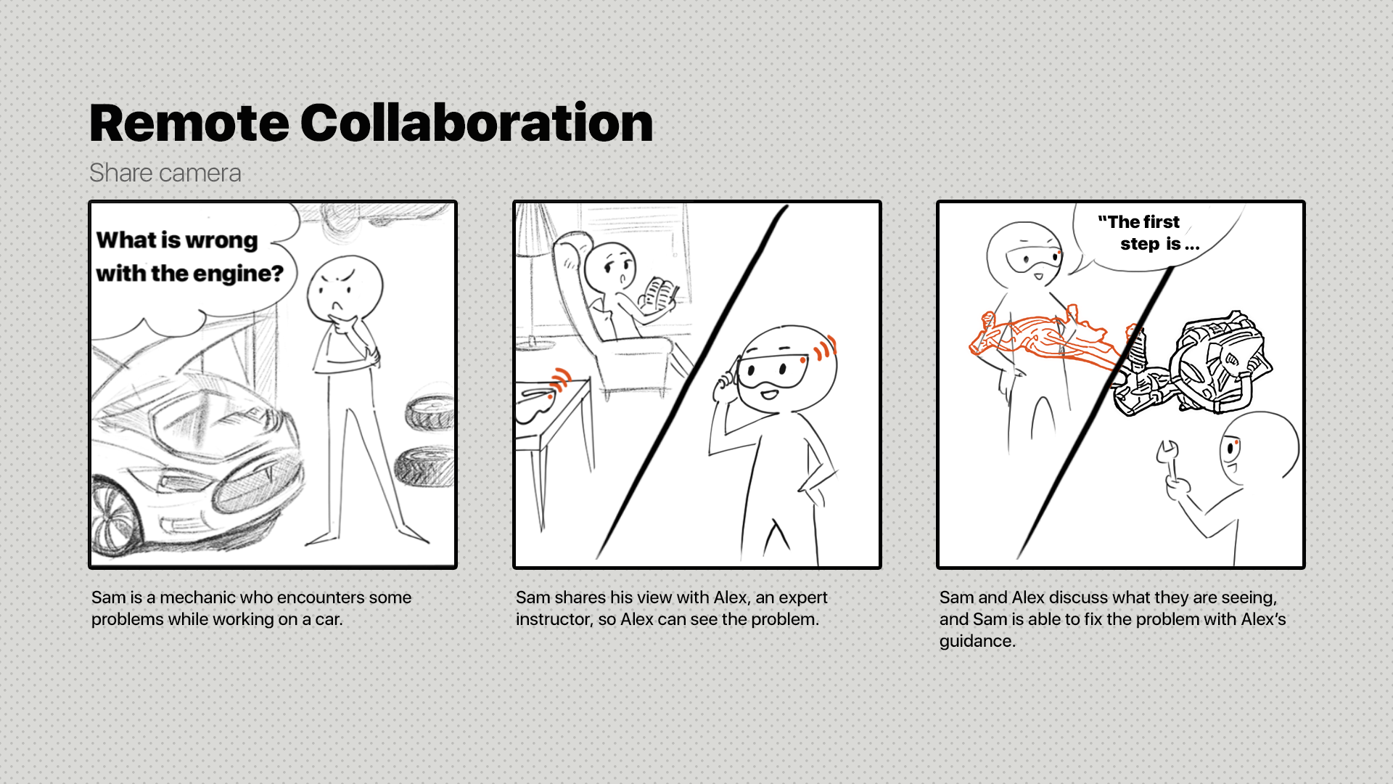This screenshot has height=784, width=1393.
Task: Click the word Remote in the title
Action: [x=189, y=123]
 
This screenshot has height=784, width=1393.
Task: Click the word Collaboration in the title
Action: [x=477, y=123]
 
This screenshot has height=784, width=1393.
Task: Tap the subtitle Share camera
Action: [x=165, y=173]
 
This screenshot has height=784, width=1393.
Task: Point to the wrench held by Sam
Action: [x=1168, y=460]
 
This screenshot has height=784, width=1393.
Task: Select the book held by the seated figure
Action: [x=658, y=294]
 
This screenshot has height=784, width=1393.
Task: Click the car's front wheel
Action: [x=112, y=517]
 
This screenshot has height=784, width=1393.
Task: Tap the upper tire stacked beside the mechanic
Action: [x=430, y=413]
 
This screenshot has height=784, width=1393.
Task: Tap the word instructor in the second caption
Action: [x=554, y=619]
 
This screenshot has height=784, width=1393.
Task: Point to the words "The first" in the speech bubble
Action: [x=1138, y=221]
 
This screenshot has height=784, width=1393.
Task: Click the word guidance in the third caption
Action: [x=975, y=642]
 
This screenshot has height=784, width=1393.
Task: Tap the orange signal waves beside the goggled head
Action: [x=825, y=348]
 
